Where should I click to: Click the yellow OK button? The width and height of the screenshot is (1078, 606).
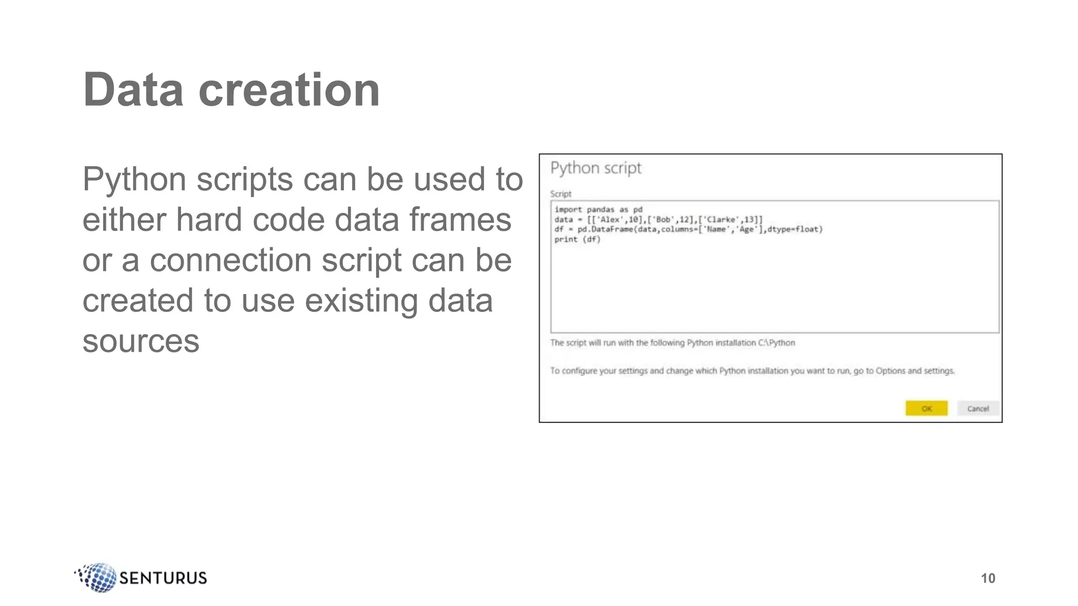pyautogui.click(x=926, y=408)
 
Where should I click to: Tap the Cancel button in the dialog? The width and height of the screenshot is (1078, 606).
pyautogui.click(x=978, y=408)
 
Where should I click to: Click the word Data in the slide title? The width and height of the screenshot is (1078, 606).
pyautogui.click(x=133, y=90)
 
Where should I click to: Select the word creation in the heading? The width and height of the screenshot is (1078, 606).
pyautogui.click(x=289, y=90)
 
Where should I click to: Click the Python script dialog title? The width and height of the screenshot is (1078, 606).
pyautogui.click(x=596, y=168)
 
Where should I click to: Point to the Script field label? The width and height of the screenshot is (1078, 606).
pyautogui.click(x=561, y=194)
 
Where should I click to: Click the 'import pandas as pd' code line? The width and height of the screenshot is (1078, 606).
pyautogui.click(x=598, y=209)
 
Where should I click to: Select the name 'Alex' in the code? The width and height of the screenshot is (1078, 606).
pyautogui.click(x=611, y=219)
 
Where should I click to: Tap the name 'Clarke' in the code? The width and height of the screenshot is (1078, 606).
pyautogui.click(x=722, y=219)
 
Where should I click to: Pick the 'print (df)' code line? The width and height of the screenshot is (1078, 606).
pyautogui.click(x=577, y=239)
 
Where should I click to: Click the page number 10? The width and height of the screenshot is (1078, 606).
pyautogui.click(x=988, y=578)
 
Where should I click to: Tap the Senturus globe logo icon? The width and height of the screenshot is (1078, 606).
pyautogui.click(x=97, y=577)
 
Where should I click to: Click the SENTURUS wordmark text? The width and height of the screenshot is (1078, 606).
pyautogui.click(x=163, y=578)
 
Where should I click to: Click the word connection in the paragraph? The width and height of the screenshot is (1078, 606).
pyautogui.click(x=231, y=260)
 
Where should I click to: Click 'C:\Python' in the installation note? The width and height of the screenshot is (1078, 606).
pyautogui.click(x=776, y=343)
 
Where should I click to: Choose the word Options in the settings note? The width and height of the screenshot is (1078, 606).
pyautogui.click(x=890, y=371)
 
